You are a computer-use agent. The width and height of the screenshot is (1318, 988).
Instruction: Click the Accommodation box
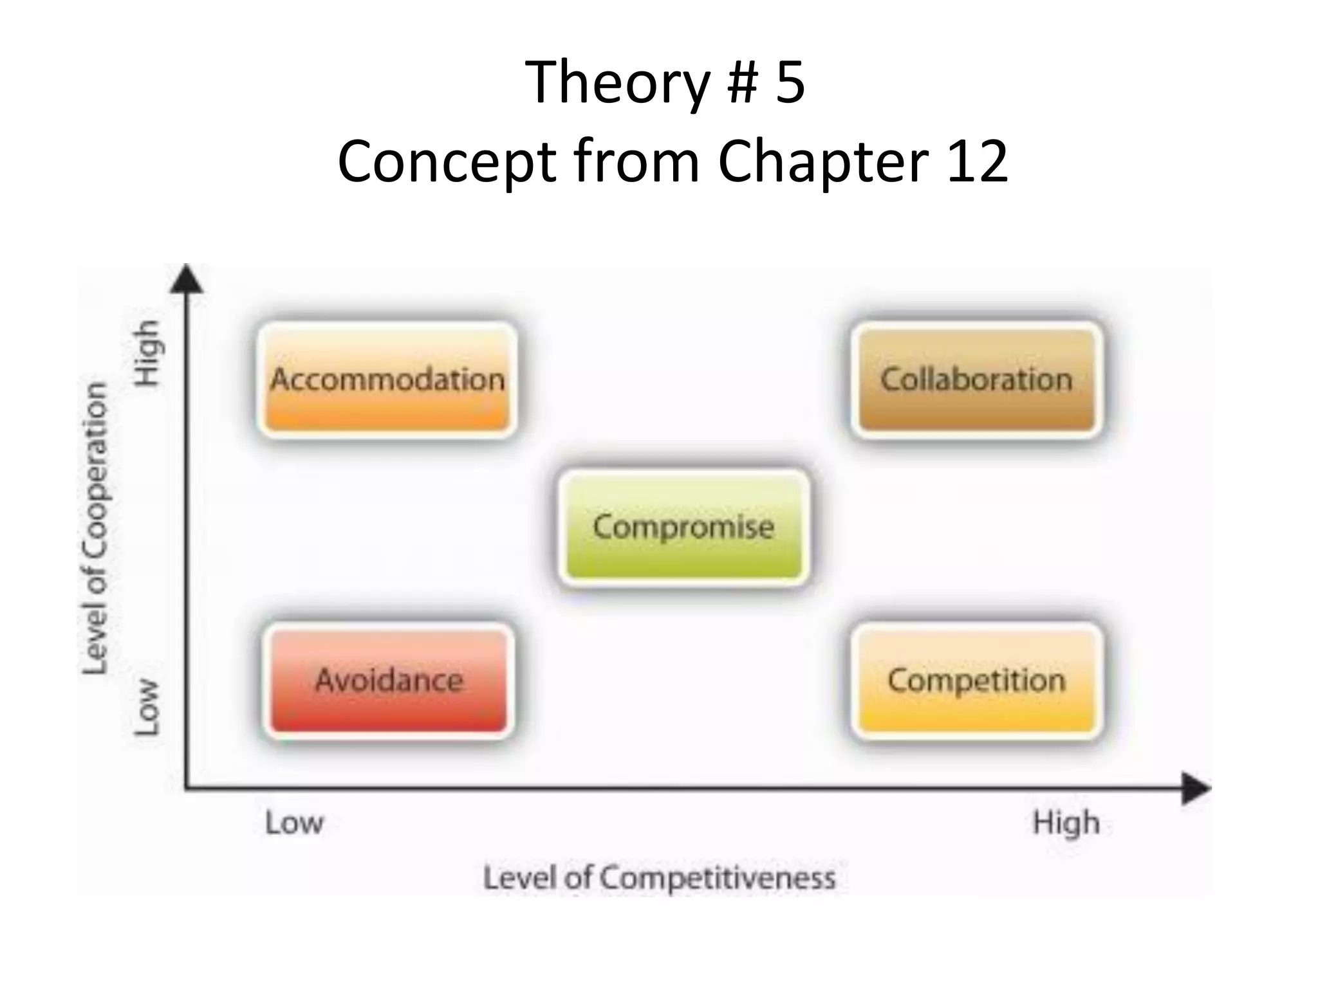point(387,380)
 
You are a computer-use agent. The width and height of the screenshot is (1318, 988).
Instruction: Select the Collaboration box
point(976,380)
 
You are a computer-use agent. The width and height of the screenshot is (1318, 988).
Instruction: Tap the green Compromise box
point(683,527)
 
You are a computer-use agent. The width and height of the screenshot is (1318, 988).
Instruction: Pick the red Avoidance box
point(389,681)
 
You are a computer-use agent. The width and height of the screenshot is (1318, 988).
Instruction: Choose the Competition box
point(976,681)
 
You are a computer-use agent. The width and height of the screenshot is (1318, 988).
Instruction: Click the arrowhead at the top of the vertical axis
point(187,279)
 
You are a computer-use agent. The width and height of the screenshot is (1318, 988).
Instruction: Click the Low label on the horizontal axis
point(294,823)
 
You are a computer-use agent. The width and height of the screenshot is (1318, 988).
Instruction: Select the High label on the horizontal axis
point(1066,823)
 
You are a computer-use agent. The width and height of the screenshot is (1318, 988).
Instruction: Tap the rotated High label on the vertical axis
point(146,353)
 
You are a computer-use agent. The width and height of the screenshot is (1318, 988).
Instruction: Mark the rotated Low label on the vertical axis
point(146,706)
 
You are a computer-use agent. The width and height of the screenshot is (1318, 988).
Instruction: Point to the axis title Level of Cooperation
point(95,527)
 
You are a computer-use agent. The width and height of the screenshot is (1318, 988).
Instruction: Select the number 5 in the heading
point(790,82)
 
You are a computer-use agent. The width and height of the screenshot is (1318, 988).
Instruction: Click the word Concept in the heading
point(447,162)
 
